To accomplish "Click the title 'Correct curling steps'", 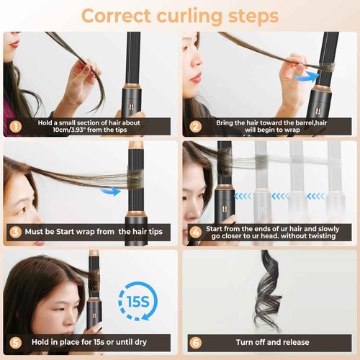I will tap(180, 14).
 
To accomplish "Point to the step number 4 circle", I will tap(194, 233).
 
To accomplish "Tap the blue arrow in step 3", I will tap(109, 191).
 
